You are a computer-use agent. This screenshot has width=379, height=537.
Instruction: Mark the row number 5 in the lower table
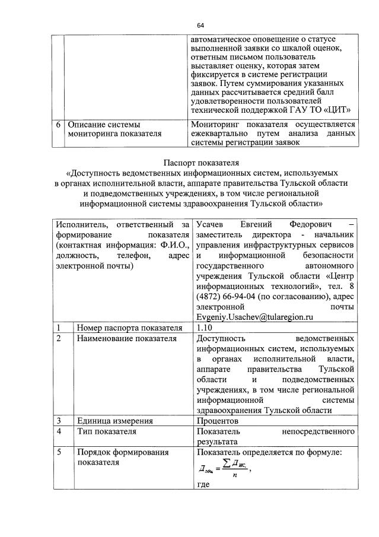tap(59, 453)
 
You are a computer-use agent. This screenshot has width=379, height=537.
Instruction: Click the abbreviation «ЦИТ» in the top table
tap(338, 109)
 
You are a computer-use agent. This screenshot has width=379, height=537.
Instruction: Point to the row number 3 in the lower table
tap(59, 421)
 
